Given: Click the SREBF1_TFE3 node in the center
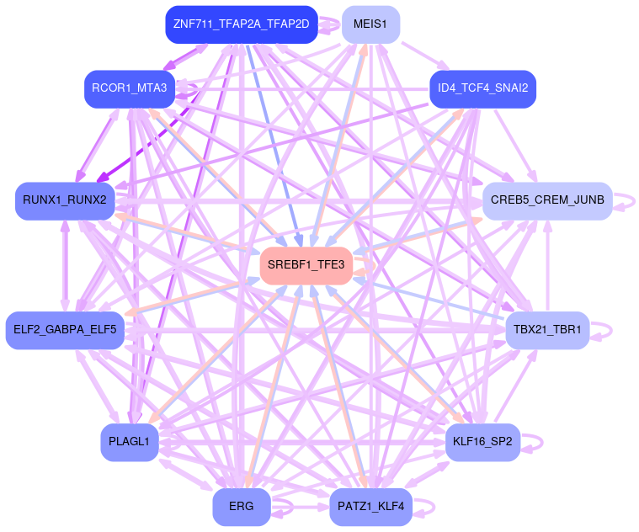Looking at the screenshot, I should (306, 265).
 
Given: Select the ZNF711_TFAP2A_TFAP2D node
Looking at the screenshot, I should (241, 24).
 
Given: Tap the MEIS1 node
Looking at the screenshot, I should (370, 24).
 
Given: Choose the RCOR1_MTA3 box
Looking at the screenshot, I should (130, 88).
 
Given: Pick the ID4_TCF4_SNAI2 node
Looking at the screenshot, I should (482, 88).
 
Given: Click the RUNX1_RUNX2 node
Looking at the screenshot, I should (65, 200).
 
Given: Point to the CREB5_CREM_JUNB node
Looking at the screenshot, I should (547, 200).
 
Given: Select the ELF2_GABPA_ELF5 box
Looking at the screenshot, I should (65, 329).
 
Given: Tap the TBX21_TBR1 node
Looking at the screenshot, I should (547, 329).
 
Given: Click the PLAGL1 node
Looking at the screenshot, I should (130, 441).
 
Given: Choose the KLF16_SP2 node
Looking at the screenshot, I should (482, 441).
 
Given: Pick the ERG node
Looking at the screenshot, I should (241, 507).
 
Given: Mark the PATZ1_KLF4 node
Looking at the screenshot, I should (370, 507).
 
